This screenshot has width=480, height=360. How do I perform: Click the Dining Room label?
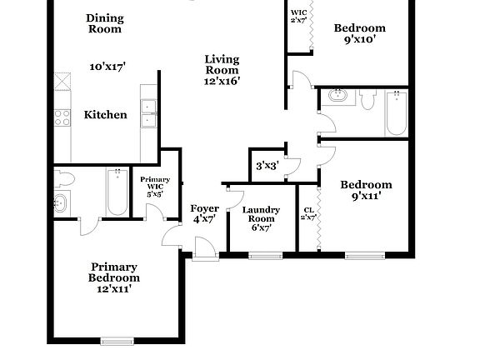pos(105,23)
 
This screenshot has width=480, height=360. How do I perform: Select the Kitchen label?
pos(106,115)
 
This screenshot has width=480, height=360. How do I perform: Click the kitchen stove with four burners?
pos(62,117)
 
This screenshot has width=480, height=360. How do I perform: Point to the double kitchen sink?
pos(150,112)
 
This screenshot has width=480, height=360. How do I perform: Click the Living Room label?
pos(222,65)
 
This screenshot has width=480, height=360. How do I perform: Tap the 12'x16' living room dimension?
pos(222,81)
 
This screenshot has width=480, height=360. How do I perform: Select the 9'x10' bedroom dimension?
pos(359,38)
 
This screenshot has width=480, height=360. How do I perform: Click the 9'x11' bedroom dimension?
pos(367,197)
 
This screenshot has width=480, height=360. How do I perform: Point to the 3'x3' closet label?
pos(266,166)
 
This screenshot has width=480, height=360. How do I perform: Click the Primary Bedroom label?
pos(116,272)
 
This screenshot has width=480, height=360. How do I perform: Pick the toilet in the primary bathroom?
pos(64,178)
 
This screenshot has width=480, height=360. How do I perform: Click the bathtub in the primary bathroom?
pos(115,193)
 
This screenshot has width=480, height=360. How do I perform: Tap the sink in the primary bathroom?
pos(61,202)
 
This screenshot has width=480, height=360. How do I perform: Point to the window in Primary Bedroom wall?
pos(117,340)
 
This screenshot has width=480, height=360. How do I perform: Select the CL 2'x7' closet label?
pos(308,213)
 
